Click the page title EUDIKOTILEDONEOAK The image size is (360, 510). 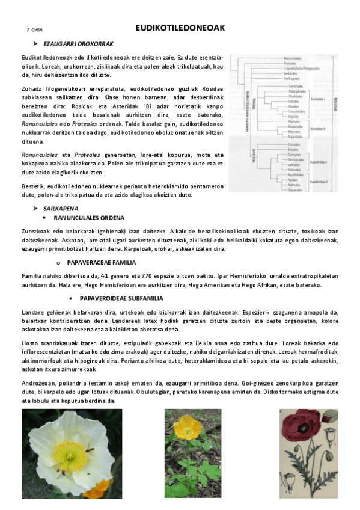click(180, 28)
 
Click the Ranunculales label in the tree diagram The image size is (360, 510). click(292, 58)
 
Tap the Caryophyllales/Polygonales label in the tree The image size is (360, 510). click(301, 69)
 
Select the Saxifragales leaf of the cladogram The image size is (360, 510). click(291, 79)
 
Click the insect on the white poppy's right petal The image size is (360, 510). click(90, 449)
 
